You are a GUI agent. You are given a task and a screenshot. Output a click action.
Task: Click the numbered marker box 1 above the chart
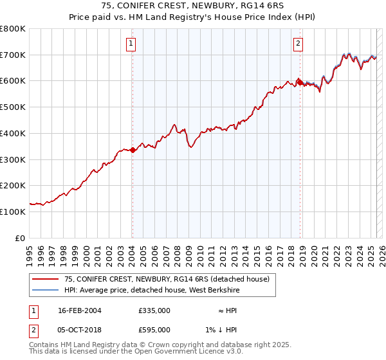131,44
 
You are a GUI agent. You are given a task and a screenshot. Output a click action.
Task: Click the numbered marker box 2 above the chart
299,44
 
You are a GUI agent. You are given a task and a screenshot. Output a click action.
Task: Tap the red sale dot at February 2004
133,150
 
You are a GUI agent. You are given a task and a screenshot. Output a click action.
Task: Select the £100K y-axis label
13,212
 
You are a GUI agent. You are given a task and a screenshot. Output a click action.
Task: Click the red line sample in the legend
44,279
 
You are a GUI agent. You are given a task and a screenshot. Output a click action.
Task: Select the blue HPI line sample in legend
44,290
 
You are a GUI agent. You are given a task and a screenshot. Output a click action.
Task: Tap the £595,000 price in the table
154,330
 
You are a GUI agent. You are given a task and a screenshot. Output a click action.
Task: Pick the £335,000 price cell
154,310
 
